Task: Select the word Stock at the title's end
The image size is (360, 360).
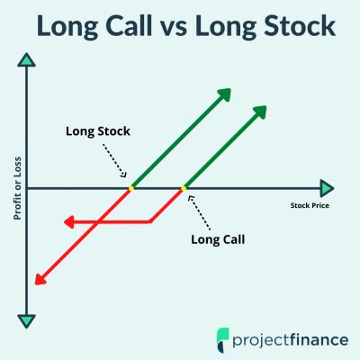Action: click(295, 26)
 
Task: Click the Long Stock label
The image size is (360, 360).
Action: click(98, 131)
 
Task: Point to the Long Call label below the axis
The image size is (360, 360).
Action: click(218, 239)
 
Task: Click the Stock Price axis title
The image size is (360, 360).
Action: click(310, 205)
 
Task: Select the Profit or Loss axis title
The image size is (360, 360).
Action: click(18, 188)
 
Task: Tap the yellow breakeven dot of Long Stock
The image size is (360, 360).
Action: click(131, 188)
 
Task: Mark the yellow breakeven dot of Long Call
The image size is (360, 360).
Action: click(184, 188)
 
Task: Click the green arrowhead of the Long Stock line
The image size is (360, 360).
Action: click(224, 94)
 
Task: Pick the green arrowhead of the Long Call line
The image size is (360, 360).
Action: click(259, 112)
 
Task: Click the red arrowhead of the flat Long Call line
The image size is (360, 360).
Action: click(69, 222)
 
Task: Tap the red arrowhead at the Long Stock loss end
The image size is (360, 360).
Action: click(40, 279)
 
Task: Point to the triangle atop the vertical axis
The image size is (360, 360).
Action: click(27, 60)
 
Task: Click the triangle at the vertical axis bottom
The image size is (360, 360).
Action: click(27, 321)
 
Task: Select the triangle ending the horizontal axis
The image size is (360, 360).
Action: click(327, 188)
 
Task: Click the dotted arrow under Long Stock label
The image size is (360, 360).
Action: click(115, 160)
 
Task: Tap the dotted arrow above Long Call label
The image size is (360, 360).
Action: click(199, 212)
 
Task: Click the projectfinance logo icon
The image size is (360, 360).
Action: click(222, 339)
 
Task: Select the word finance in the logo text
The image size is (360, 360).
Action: click(319, 339)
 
